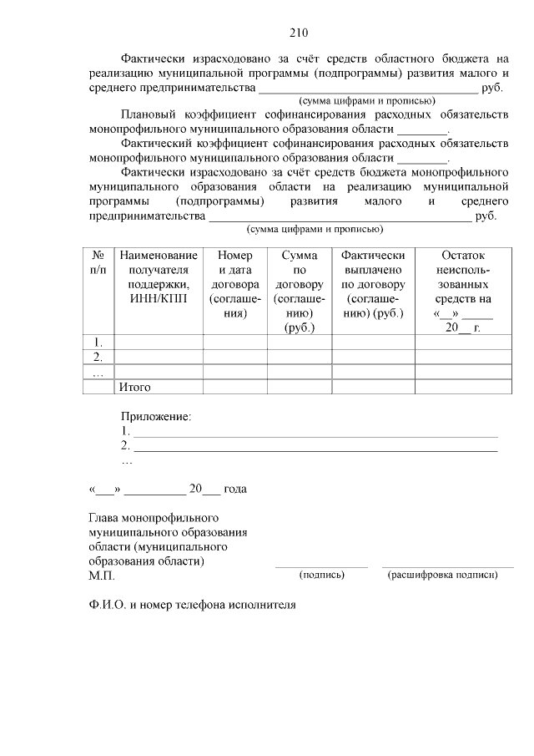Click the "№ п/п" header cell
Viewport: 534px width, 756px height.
point(98,262)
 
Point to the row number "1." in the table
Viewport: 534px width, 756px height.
point(98,342)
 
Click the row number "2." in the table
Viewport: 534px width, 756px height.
point(98,357)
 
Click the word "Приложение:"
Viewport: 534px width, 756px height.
point(156,416)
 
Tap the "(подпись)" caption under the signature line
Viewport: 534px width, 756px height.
point(321,575)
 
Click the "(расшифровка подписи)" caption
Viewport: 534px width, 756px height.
point(443,575)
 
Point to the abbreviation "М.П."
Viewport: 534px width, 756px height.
point(102,576)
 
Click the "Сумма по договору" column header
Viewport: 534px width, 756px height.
point(299,292)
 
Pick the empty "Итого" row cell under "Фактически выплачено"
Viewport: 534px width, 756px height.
point(373,387)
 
